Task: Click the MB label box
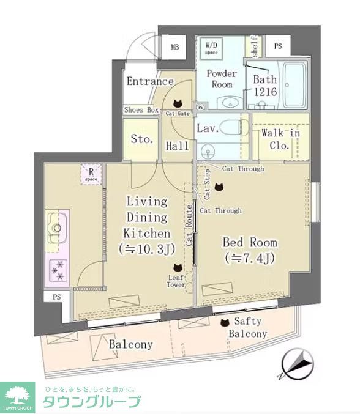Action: [x=174, y=47]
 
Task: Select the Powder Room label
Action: [x=221, y=79]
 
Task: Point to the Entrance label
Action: [x=150, y=81]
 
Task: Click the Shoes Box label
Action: [x=141, y=110]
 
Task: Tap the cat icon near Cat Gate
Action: [x=178, y=103]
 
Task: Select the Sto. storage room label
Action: [x=142, y=139]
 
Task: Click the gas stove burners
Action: [x=59, y=270]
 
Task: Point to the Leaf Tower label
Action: [x=176, y=281]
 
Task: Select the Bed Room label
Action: [x=250, y=250]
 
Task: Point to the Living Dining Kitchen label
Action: [x=147, y=224]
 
